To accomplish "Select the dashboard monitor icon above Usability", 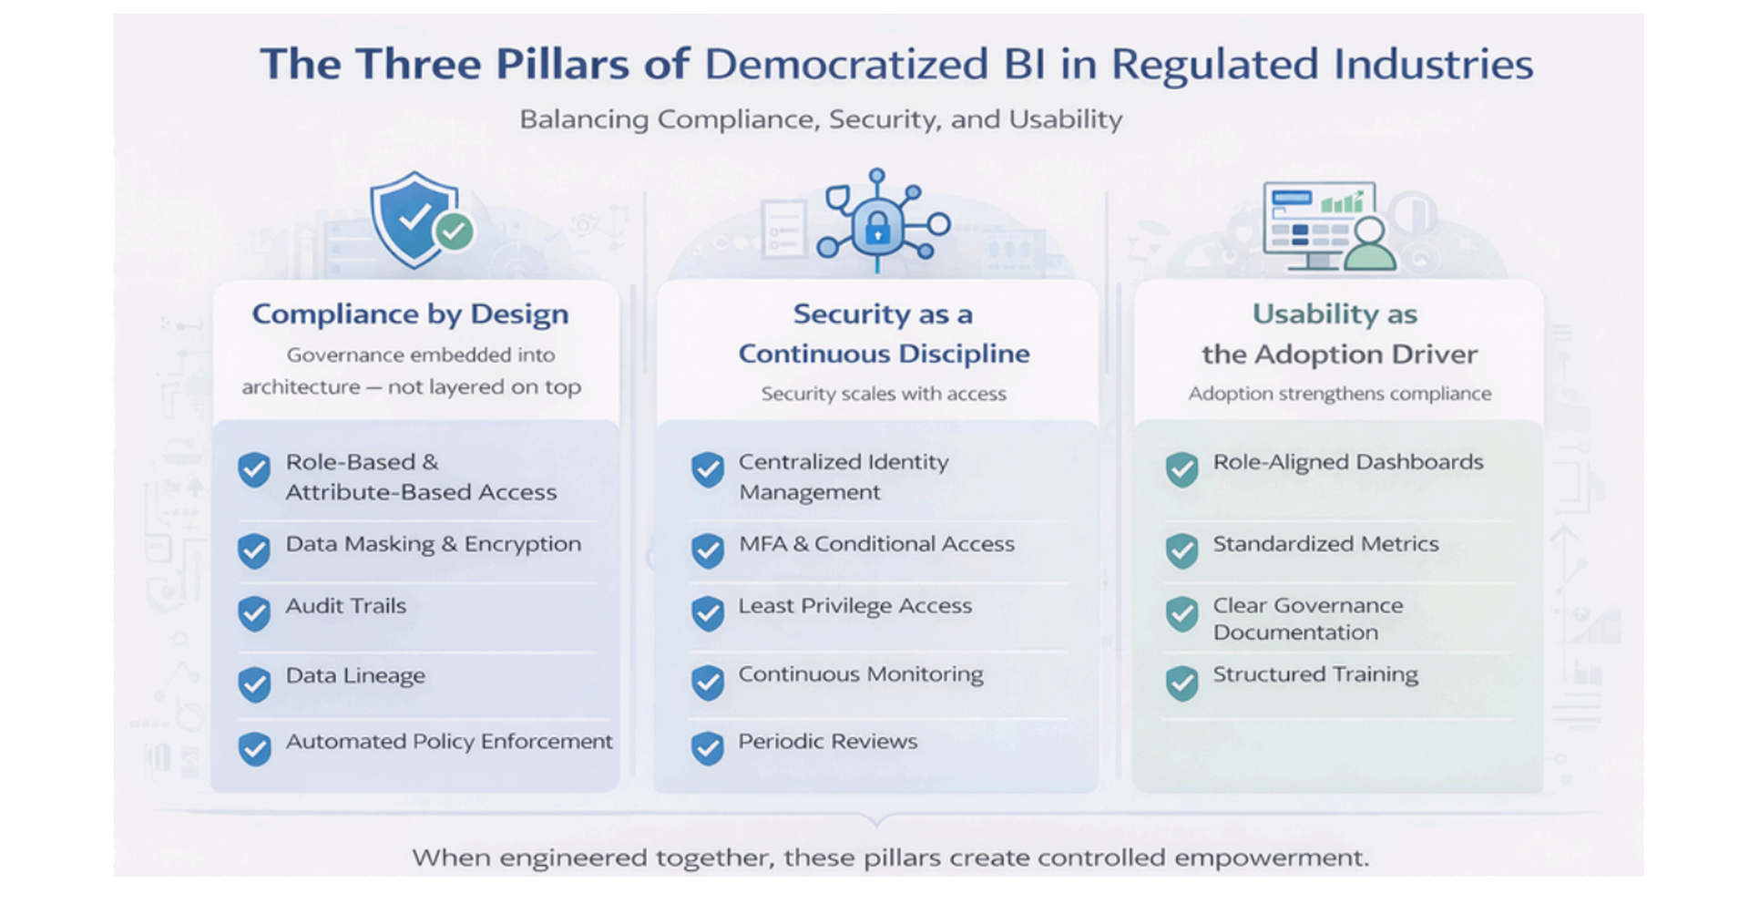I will click(x=1318, y=223).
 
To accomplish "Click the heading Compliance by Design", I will click(x=410, y=314).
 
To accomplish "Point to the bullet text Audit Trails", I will click(x=346, y=606).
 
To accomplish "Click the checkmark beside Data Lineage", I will click(x=254, y=683).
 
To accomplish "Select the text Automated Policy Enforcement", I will click(x=449, y=742).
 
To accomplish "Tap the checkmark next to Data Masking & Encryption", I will click(x=254, y=550).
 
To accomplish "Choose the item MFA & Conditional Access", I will click(x=876, y=544).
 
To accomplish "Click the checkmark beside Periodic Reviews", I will click(x=707, y=748).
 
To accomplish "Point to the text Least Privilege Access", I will click(x=854, y=606).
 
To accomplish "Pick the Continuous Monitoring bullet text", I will click(x=861, y=674).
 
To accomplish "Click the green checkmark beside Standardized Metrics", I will click(x=1181, y=550).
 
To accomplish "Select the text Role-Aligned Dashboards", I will click(x=1348, y=462).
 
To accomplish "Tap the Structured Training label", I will click(x=1315, y=674).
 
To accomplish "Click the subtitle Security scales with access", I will click(x=884, y=394).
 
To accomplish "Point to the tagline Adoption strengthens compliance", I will click(x=1340, y=394).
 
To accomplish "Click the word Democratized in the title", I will click(x=846, y=65).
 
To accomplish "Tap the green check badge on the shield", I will click(x=454, y=231).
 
